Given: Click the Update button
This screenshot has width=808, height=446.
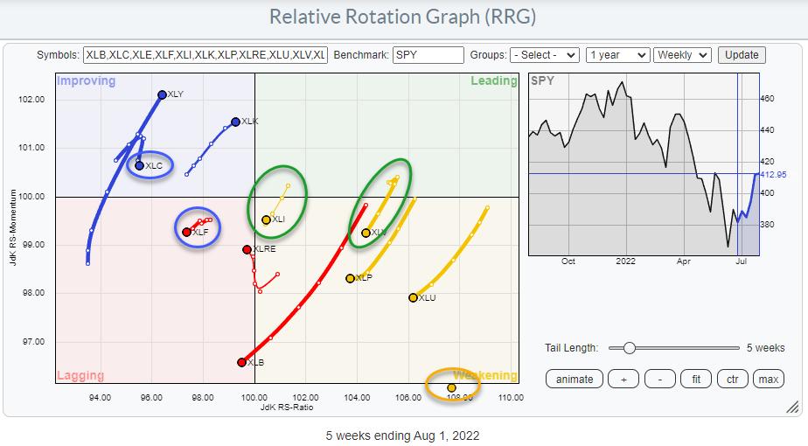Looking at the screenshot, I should [x=742, y=55].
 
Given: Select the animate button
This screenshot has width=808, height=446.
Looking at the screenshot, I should [x=575, y=379].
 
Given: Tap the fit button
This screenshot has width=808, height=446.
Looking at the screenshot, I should [x=697, y=379].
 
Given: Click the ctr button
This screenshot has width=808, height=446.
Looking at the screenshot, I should [x=733, y=379].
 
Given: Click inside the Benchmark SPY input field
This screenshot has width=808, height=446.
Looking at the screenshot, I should [x=428, y=55].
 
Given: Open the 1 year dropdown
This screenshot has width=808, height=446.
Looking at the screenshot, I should [x=617, y=55].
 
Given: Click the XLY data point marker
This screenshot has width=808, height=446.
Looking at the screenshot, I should [x=162, y=94].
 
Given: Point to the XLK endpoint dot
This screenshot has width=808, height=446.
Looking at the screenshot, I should [x=235, y=122].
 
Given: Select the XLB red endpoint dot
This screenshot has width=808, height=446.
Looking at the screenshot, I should [x=242, y=362].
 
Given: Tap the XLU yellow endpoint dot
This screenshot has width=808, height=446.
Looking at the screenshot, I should [x=413, y=297].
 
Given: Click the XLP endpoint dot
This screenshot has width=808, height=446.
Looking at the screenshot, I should [x=350, y=278].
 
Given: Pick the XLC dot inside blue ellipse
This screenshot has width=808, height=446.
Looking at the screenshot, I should [x=139, y=165].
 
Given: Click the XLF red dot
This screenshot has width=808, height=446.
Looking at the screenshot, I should [x=187, y=232].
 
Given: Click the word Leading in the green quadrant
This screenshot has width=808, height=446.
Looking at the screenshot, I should [x=494, y=81].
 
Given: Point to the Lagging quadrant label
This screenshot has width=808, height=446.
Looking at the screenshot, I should [x=80, y=376].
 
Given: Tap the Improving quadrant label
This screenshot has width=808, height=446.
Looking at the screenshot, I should [x=86, y=81].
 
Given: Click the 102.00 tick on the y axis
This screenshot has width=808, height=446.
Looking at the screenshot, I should [x=31, y=99].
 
